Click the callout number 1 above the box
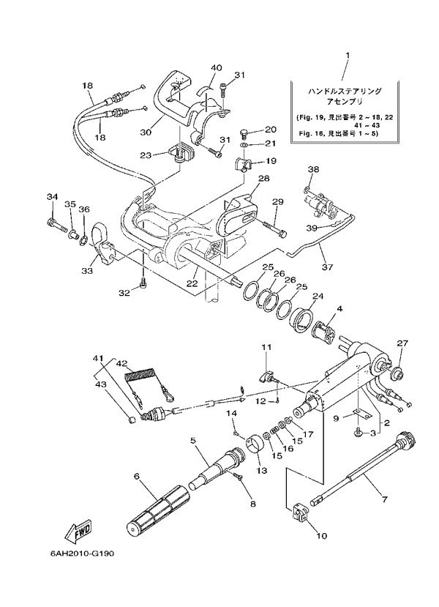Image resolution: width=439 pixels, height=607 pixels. (348, 55)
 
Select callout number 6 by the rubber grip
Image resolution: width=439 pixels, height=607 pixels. (136, 476)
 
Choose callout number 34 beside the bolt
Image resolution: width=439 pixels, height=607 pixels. (51, 196)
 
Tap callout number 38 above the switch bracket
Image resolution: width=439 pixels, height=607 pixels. (312, 169)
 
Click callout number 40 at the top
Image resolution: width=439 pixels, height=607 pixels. (217, 68)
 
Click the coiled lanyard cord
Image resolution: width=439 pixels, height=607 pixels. (144, 378)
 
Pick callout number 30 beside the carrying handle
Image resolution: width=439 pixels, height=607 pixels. (145, 133)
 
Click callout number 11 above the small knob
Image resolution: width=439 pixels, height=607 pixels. (267, 346)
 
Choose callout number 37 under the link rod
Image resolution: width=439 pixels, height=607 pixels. (327, 267)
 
